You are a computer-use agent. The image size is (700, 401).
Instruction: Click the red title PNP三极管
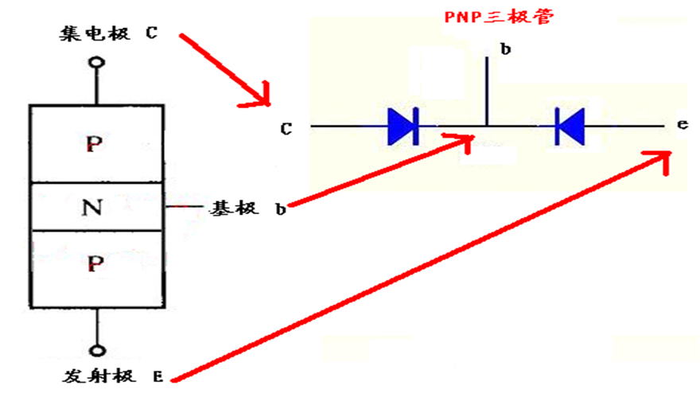pos(499,16)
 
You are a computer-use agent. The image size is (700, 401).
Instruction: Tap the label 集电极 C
pos(108,33)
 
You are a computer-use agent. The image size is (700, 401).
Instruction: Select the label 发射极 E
pos(112,376)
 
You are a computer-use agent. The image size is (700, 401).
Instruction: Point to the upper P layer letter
pos(94,144)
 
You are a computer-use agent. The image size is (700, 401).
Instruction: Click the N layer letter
pos(92,208)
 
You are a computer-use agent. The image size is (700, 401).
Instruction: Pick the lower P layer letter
pos(95,264)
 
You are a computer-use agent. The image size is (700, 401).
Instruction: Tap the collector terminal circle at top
pos(96,62)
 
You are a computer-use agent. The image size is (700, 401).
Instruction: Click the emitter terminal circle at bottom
pos(97,351)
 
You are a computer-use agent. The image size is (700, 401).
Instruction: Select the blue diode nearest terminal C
pos(403,127)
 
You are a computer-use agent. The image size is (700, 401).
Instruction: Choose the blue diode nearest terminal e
pos(570,127)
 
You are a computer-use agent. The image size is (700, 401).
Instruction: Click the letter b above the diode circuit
pos(505,49)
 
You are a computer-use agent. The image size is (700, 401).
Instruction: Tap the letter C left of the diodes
pos(286,129)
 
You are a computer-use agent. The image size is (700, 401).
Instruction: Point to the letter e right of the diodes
pos(682,124)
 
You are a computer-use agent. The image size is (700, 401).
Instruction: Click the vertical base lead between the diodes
pos(487,91)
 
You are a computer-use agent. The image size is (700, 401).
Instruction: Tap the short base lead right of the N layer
pos(185,206)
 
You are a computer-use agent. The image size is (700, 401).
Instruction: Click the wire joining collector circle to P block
pos(96,87)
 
